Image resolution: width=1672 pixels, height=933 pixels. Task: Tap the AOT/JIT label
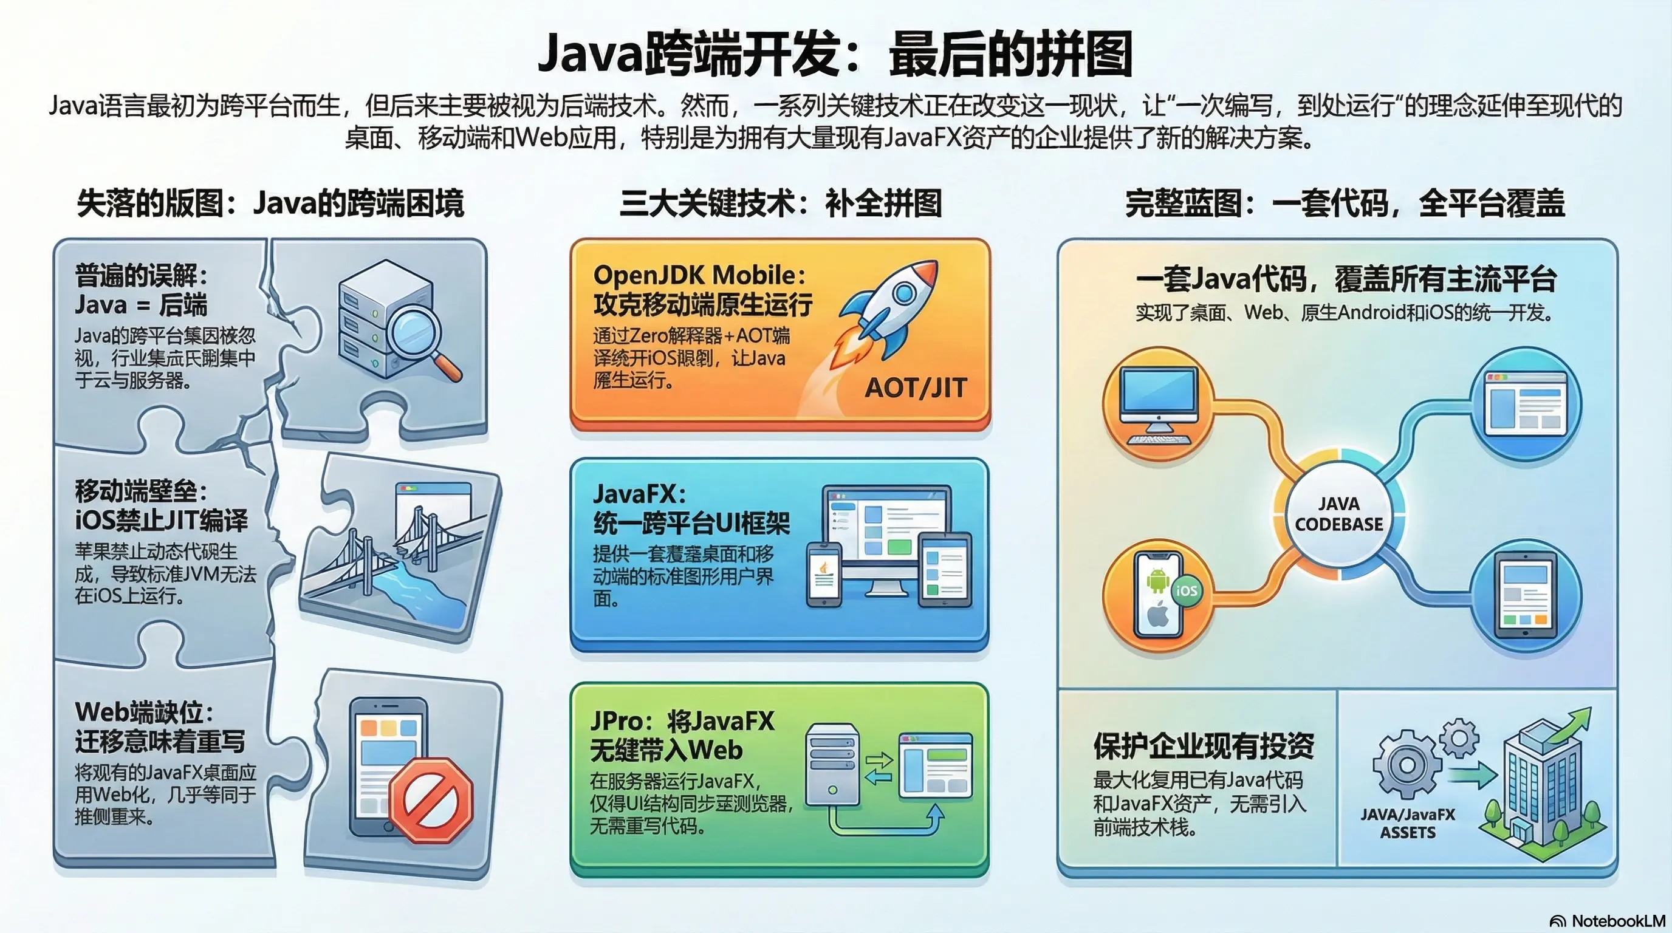coord(916,388)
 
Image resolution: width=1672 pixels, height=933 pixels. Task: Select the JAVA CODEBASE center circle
coord(1339,514)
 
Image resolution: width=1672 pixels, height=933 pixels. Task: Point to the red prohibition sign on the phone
coord(431,801)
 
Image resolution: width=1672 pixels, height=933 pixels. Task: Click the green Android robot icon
coord(1158,579)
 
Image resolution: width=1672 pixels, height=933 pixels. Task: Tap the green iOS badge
coord(1187,590)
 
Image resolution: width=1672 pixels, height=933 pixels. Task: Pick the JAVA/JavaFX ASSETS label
coord(1407,824)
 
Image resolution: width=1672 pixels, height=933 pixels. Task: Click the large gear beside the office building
coord(1406,765)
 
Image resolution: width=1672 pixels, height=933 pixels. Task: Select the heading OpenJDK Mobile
coord(700,275)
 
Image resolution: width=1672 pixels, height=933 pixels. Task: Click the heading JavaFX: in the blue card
coord(639,494)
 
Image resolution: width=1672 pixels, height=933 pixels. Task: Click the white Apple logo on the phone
coord(1158,613)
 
